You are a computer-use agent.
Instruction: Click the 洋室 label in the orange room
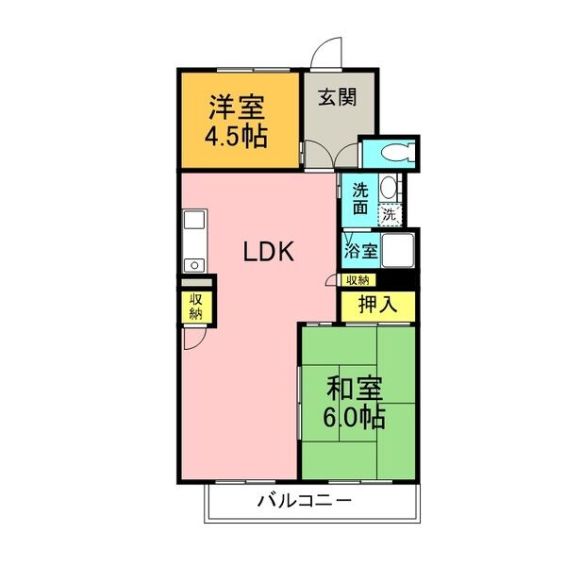tap(237, 103)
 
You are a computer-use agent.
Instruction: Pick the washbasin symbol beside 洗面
tap(388, 188)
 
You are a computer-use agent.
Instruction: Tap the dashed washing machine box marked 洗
tap(390, 215)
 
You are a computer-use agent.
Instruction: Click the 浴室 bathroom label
tap(361, 252)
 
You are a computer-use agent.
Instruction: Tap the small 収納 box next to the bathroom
tap(358, 279)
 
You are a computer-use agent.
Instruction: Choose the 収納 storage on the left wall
tap(195, 306)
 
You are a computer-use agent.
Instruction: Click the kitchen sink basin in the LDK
tap(194, 222)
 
